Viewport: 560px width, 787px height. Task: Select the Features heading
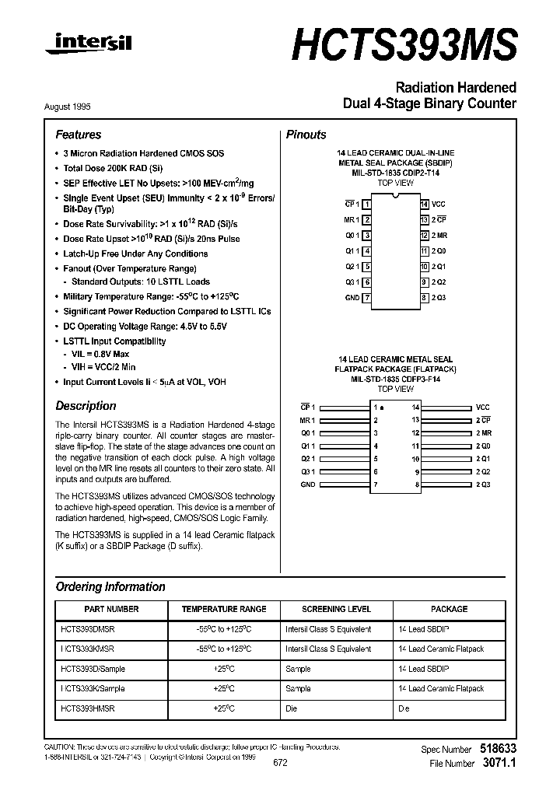tap(79, 135)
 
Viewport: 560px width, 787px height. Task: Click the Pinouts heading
tap(306, 135)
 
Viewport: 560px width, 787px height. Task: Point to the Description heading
tap(86, 406)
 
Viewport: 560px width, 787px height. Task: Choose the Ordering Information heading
tap(110, 587)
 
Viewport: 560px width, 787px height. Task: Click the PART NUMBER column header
tap(112, 609)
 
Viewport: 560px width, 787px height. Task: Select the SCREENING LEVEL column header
tap(336, 609)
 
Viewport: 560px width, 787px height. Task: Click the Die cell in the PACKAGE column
tap(404, 709)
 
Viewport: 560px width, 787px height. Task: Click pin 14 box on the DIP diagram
tap(425, 204)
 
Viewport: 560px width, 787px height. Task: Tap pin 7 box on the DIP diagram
tap(366, 298)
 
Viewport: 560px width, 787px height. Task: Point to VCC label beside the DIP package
tap(439, 204)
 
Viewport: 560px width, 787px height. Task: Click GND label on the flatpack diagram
tap(309, 484)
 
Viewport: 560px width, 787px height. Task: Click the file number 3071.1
tap(499, 764)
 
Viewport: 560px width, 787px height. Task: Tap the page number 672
tap(280, 763)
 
